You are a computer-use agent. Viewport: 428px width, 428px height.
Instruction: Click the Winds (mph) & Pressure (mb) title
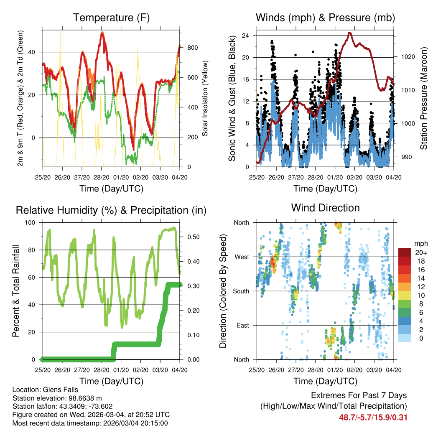(x=325, y=18)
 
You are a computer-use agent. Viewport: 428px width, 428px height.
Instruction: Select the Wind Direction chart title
(x=325, y=208)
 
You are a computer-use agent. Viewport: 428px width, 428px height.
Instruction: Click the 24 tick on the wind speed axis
(x=246, y=36)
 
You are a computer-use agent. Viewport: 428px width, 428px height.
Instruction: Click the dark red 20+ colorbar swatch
(x=405, y=252)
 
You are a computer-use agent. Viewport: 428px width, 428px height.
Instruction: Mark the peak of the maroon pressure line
(x=350, y=33)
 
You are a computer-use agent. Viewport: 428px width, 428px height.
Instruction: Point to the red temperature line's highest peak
(x=102, y=33)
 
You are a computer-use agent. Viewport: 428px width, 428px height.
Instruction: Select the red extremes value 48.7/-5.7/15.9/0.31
(x=373, y=417)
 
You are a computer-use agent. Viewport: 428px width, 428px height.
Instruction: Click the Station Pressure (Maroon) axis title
(x=423, y=98)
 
